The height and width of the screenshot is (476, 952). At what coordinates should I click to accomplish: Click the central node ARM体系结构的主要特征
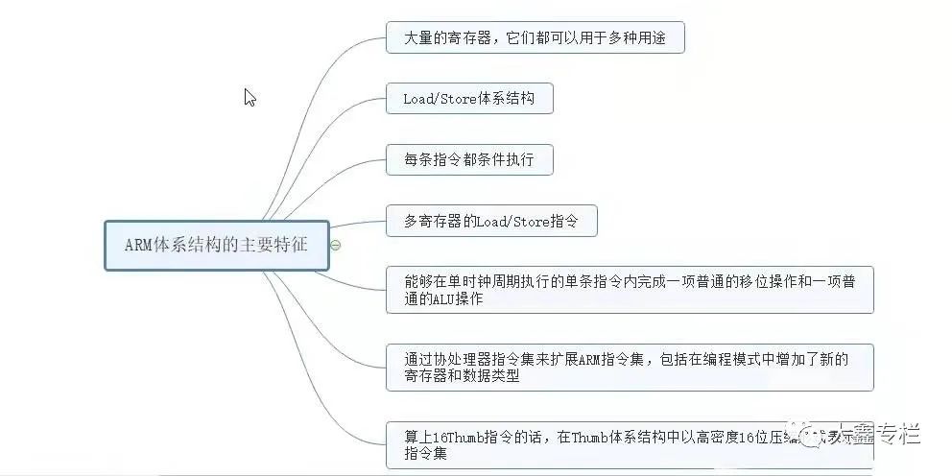coord(216,245)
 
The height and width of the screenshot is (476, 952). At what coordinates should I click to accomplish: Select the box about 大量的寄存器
coord(535,37)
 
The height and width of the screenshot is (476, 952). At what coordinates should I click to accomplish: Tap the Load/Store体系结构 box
coord(469,98)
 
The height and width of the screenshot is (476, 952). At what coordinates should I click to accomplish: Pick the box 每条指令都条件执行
coord(469,159)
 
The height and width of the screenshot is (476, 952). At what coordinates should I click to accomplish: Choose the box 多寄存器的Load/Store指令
coord(491,221)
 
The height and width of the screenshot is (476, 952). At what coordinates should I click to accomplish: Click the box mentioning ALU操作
coord(630,289)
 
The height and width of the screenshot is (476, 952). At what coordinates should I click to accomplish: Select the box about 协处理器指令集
coord(630,367)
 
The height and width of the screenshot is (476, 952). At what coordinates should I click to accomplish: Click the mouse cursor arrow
coord(250,97)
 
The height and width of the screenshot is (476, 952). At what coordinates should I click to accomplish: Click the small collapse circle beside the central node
coord(335,245)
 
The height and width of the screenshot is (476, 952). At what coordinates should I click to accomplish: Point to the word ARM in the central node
coord(139,245)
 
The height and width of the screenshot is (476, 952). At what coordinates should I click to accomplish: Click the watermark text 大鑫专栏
coord(878,434)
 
